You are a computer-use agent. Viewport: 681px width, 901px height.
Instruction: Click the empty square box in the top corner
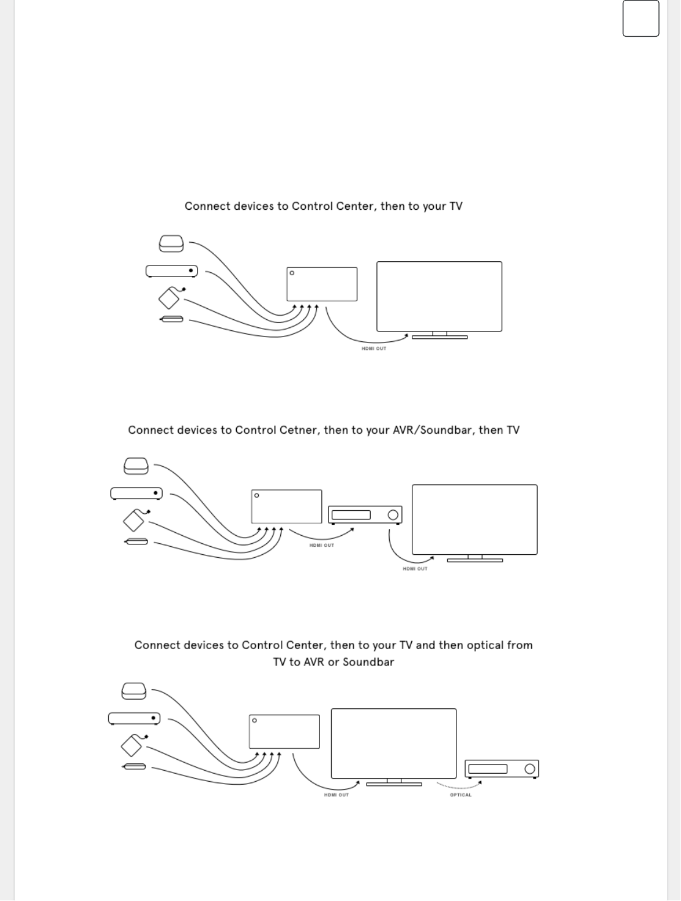click(641, 18)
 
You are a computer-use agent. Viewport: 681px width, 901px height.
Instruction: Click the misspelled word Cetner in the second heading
click(299, 430)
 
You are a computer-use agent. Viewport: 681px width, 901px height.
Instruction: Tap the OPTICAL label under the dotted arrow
click(461, 795)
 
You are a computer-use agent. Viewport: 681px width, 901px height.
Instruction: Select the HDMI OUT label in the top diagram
click(374, 349)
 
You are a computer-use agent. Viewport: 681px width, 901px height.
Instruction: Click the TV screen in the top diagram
click(439, 296)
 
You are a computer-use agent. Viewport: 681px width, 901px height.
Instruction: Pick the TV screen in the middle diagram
click(474, 519)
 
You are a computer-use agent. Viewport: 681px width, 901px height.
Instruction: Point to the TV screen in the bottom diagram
click(393, 743)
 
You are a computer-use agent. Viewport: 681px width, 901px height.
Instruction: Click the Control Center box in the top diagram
click(322, 284)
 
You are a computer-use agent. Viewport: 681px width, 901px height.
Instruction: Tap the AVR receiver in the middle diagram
click(365, 515)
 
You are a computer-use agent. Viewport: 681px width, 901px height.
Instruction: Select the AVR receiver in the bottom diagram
click(501, 769)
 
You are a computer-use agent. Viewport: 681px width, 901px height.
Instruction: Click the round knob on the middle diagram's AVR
click(393, 515)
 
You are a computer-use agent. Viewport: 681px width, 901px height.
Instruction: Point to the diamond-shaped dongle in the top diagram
click(169, 298)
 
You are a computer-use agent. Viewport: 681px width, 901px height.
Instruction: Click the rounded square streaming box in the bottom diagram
click(134, 691)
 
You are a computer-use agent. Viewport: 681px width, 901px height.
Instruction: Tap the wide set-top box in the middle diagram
click(136, 493)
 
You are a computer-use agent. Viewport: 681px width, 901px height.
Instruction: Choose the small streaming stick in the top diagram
click(171, 319)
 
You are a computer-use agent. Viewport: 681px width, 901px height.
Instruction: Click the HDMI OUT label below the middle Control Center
click(321, 545)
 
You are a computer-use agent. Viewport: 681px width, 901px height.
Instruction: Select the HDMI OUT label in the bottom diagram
click(336, 795)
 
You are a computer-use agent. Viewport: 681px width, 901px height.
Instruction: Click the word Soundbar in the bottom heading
click(368, 662)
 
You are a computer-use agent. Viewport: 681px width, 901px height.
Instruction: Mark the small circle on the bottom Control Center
click(255, 721)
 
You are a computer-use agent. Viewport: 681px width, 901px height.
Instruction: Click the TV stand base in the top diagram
click(439, 337)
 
